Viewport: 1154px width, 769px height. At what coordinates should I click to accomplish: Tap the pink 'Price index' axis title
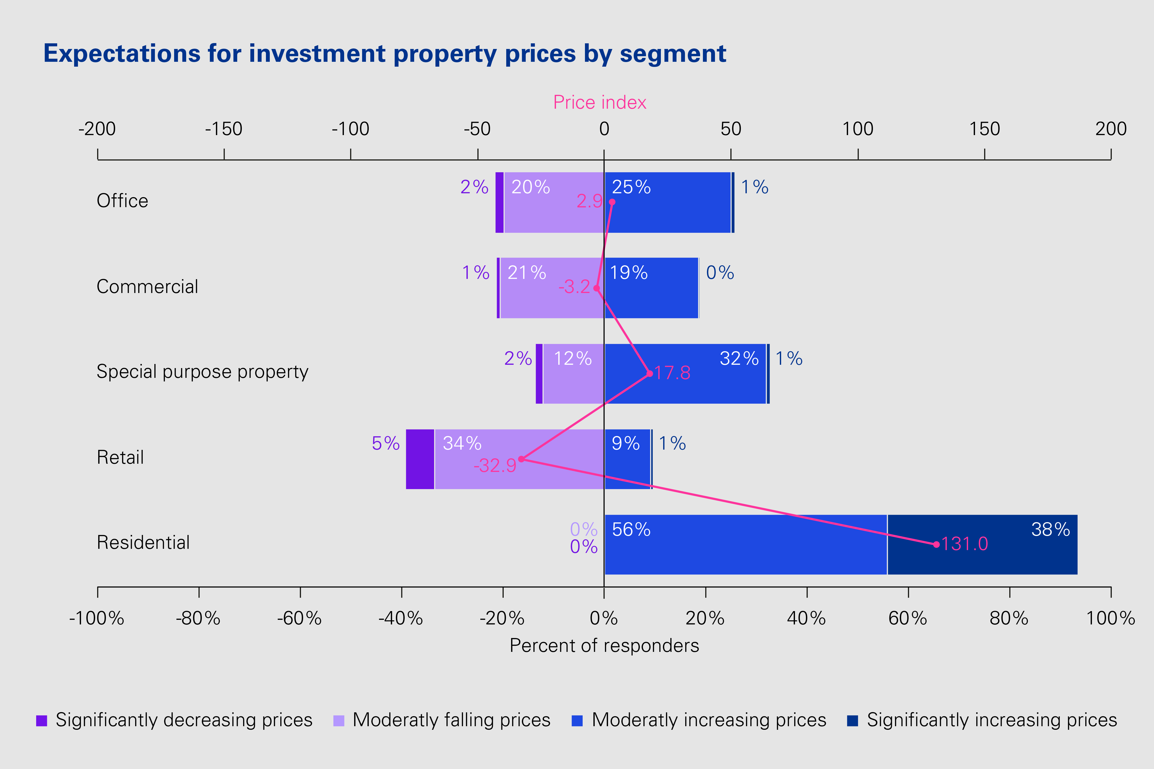coord(600,103)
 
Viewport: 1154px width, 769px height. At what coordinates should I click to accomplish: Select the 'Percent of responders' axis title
coord(604,645)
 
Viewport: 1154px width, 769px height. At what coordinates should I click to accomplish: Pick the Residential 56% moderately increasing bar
coord(746,544)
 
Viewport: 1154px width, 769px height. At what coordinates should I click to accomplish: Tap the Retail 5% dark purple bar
coord(420,459)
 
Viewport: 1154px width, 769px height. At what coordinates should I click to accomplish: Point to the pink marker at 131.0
coord(936,544)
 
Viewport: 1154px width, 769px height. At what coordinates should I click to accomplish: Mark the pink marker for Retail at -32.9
coord(521,459)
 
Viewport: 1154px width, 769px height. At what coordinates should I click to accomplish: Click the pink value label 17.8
coord(672,373)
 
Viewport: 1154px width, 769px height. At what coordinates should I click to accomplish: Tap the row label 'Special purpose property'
coord(202,372)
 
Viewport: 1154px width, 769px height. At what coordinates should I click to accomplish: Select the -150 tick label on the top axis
coord(224,129)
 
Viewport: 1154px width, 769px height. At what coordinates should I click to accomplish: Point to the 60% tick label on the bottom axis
coord(908,619)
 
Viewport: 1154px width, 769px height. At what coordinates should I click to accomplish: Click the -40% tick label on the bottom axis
coord(401,619)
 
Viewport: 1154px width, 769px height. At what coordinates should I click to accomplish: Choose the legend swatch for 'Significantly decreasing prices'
coord(42,721)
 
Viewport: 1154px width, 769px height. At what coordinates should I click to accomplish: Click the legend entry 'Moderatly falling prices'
coord(451,720)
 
